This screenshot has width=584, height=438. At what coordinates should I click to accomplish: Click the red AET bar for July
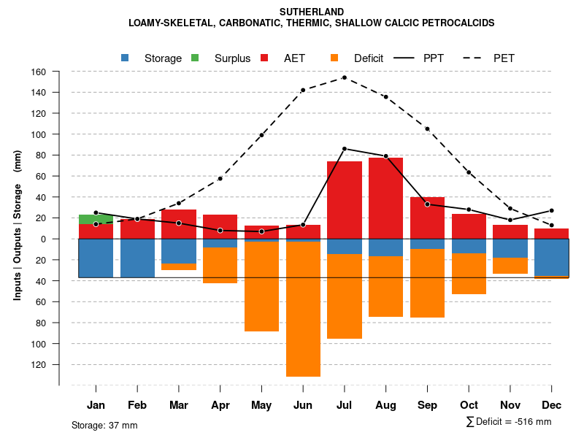[345, 200]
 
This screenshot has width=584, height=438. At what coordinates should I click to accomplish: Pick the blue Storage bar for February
[137, 258]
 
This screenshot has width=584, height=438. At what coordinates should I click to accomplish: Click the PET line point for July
[345, 77]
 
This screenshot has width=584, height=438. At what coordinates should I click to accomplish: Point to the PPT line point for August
[386, 156]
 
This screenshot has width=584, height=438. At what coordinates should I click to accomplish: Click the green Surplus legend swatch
[195, 58]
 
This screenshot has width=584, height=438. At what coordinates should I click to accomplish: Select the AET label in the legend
[294, 58]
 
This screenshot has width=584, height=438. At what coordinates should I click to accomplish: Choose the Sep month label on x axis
[428, 405]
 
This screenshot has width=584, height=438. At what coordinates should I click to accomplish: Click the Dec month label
[552, 405]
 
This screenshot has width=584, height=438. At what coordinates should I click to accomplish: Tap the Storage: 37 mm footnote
[104, 425]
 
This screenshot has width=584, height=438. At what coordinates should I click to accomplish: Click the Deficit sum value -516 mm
[533, 422]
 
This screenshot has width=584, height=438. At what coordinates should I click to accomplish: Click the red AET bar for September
[428, 218]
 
